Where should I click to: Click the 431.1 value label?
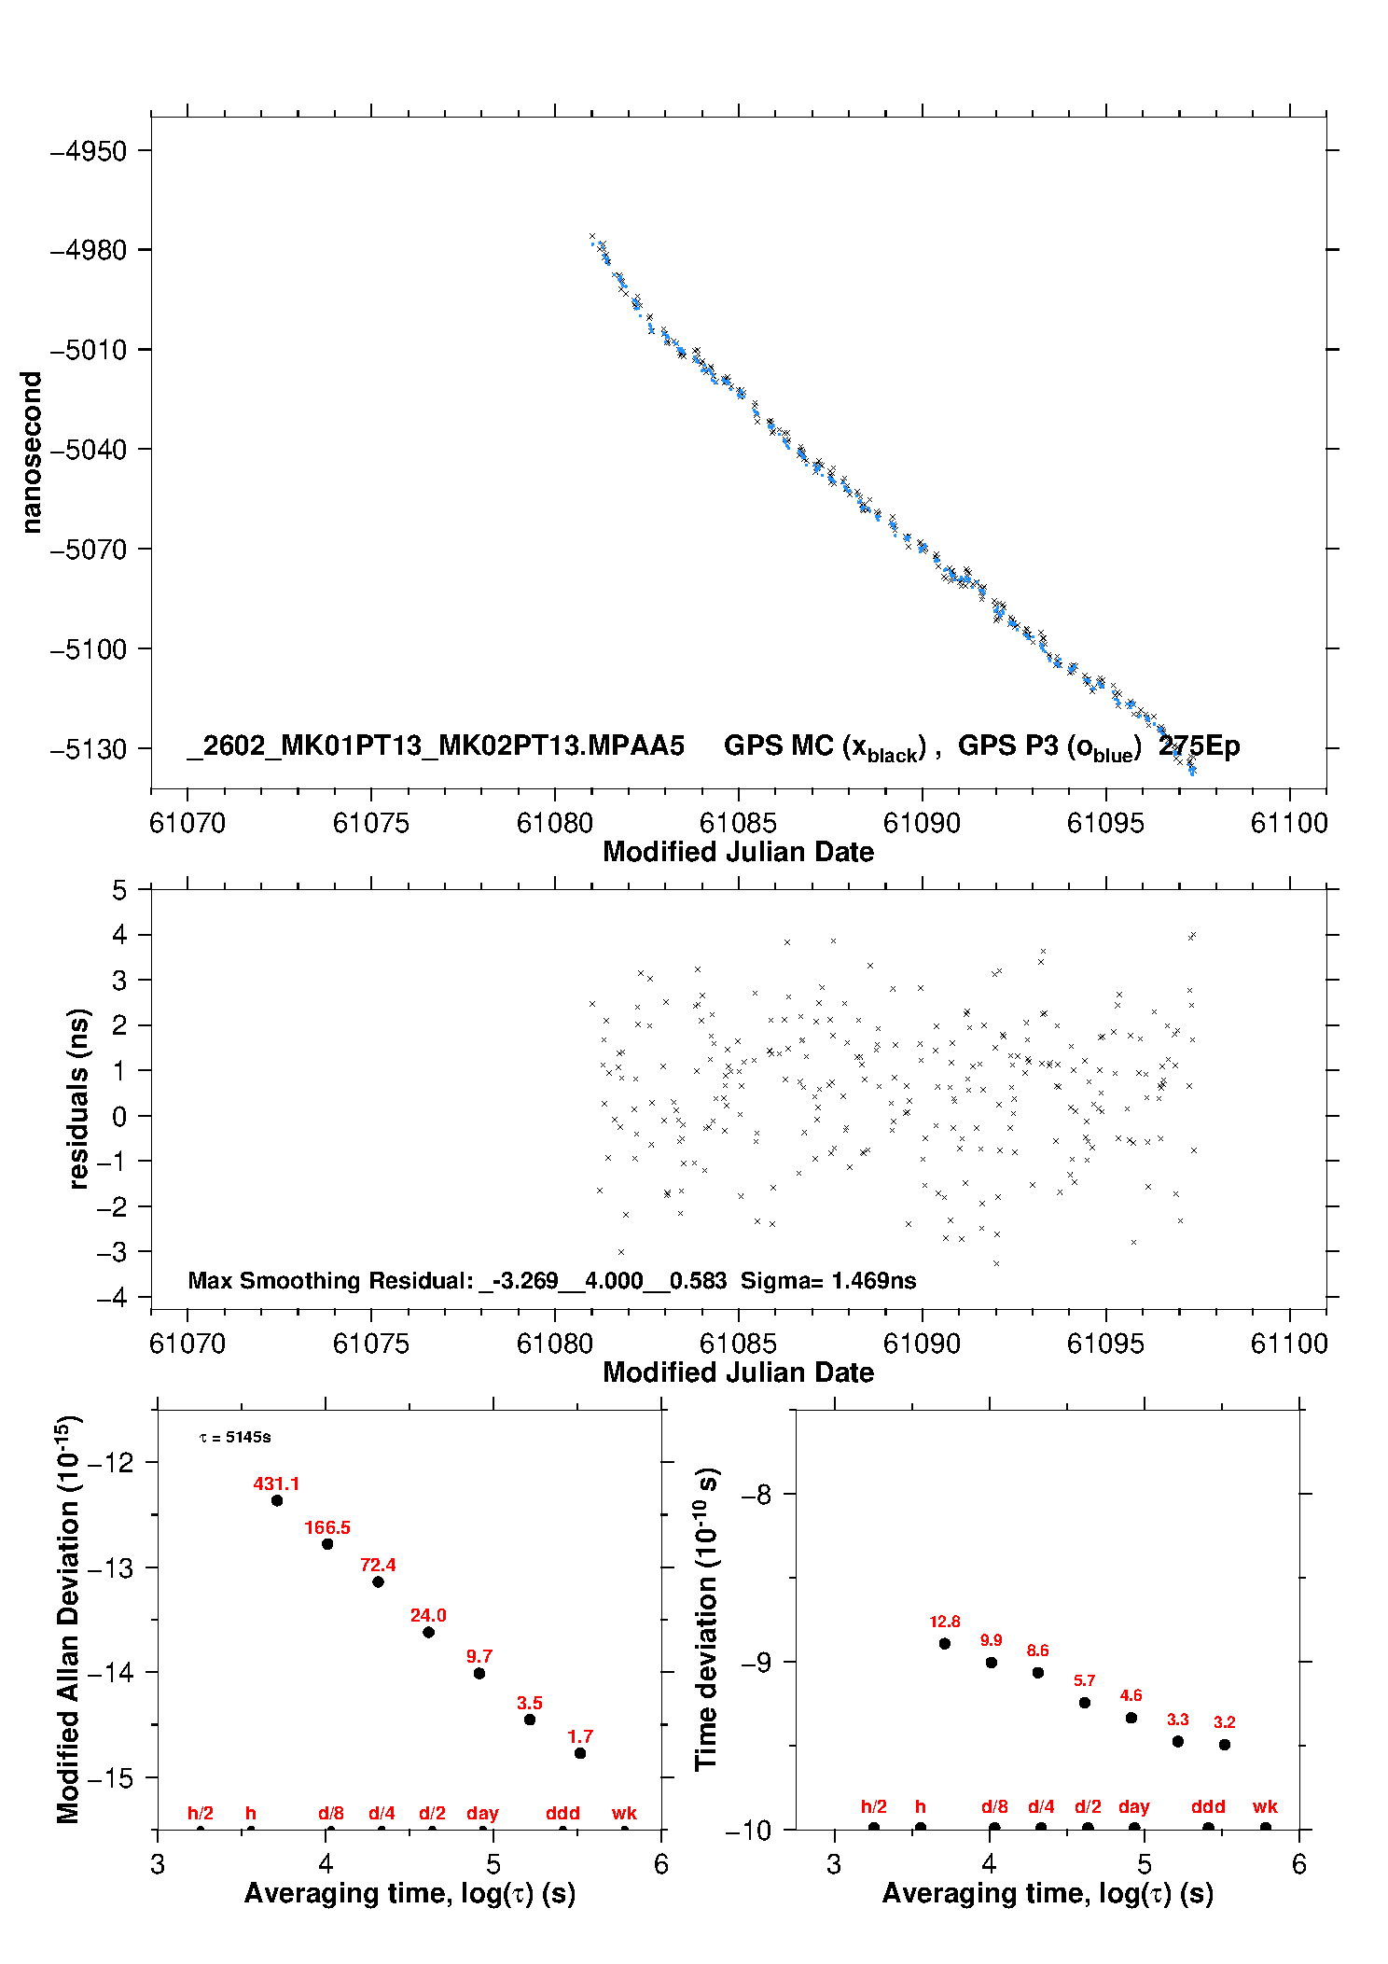click(276, 1483)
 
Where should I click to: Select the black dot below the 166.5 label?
click(327, 1544)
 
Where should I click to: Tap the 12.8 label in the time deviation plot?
click(944, 1622)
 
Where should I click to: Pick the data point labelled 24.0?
click(428, 1632)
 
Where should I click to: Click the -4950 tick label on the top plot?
click(89, 151)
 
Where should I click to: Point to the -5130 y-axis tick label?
click(89, 749)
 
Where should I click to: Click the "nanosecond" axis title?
click(32, 453)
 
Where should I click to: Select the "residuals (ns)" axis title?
click(79, 1098)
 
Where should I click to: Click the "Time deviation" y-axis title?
click(706, 1619)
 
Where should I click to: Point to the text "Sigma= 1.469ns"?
click(827, 1280)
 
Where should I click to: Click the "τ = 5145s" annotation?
click(235, 1437)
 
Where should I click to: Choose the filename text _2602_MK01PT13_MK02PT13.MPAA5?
click(436, 745)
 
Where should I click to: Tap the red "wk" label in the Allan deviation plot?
click(624, 1813)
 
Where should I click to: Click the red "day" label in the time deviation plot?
click(1133, 1806)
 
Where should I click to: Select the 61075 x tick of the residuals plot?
click(370, 1344)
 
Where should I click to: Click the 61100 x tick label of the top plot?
click(1289, 823)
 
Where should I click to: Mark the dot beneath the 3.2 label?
click(1225, 1745)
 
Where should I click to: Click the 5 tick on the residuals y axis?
click(118, 890)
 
